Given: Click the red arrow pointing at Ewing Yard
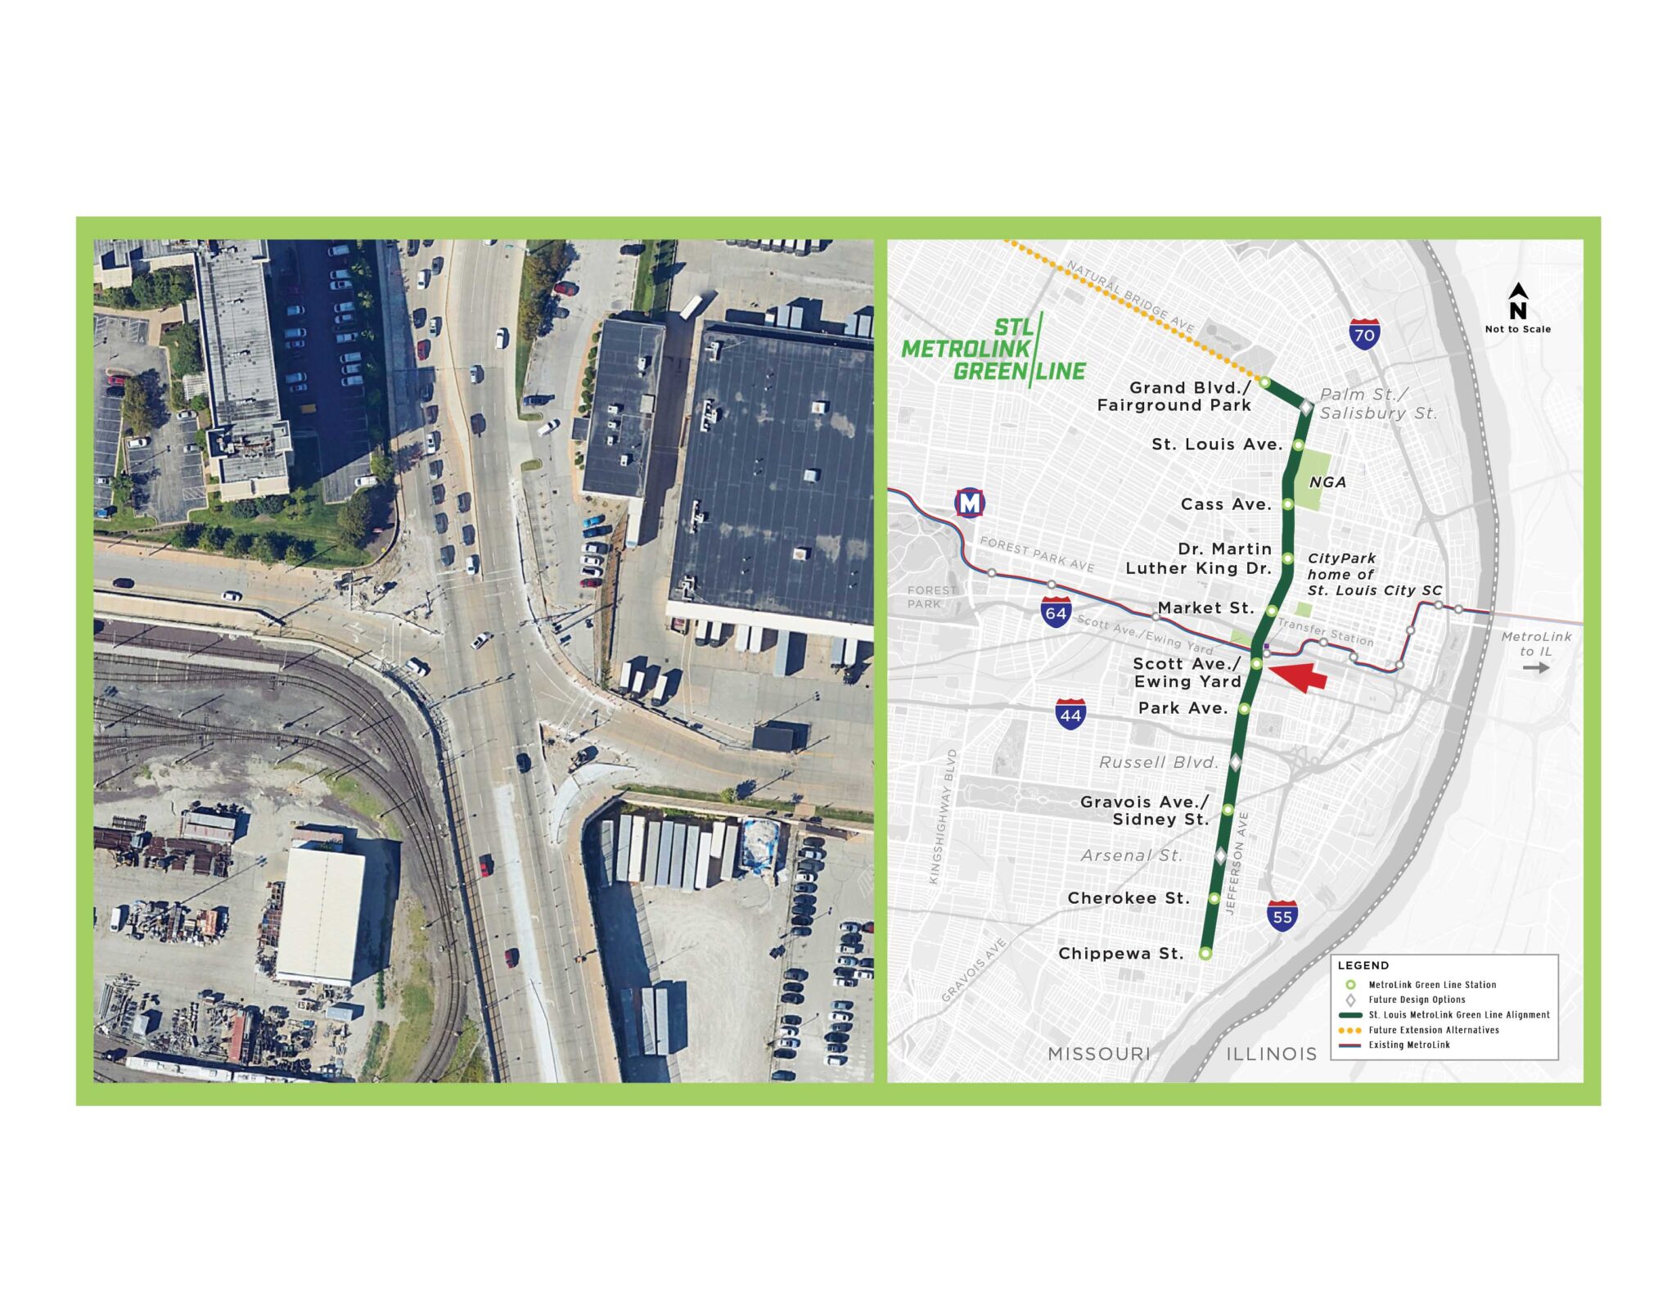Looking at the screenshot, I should click(1300, 675).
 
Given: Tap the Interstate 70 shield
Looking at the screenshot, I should click(1364, 334).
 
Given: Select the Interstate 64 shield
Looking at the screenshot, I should click(1056, 612).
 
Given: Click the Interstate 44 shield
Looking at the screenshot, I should click(1070, 715).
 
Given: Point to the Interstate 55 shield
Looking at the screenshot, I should click(1282, 916).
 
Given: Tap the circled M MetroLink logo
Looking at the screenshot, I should click(970, 503).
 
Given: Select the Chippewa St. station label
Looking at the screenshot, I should click(1120, 953).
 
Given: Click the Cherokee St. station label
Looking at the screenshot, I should click(1129, 898).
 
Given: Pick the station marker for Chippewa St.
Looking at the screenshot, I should click(1205, 953).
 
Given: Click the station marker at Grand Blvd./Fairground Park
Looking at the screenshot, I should click(1264, 382).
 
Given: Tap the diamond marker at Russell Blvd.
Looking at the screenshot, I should click(1236, 762).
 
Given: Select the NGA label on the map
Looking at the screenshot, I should click(1327, 482).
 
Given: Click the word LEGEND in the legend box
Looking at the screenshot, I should click(1363, 965).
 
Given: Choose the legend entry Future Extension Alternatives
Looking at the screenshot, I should click(1434, 1030).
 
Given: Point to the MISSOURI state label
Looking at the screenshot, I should click(1099, 1054).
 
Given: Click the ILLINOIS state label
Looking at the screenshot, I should click(1271, 1054).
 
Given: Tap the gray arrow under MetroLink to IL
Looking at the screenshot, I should click(1536, 667).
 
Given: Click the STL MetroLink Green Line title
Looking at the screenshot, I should click(993, 350).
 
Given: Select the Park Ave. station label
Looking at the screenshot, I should click(1183, 708).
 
